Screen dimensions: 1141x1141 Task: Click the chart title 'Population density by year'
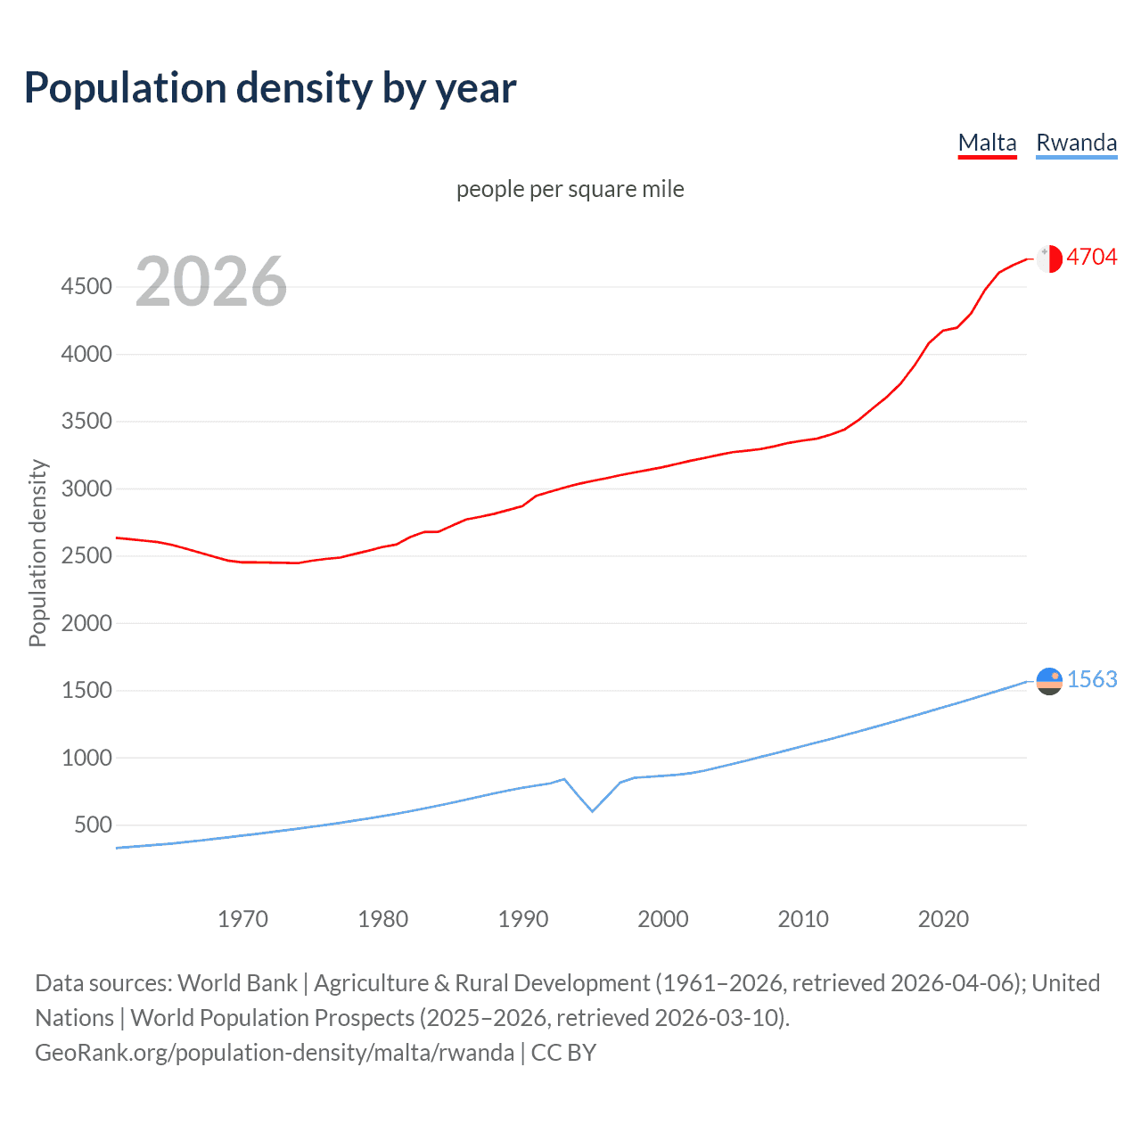click(x=270, y=88)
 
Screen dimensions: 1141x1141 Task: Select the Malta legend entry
click(x=987, y=143)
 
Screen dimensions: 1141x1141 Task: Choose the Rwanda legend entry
click(x=1076, y=143)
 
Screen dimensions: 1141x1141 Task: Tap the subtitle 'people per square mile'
click(x=570, y=189)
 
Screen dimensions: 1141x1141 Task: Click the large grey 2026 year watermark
click(x=211, y=282)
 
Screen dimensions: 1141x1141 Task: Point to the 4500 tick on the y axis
click(x=86, y=286)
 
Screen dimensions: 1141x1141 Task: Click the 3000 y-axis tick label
click(x=86, y=488)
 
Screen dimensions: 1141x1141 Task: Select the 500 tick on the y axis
click(x=93, y=825)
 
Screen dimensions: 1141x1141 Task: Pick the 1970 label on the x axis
click(x=242, y=919)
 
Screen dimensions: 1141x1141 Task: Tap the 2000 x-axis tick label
click(x=662, y=919)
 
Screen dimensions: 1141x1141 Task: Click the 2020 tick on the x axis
click(x=943, y=919)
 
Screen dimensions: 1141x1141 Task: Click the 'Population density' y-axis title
click(x=37, y=553)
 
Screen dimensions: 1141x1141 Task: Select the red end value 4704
click(x=1091, y=257)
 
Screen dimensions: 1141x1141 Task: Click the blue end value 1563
click(x=1091, y=679)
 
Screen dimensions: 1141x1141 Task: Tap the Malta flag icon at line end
click(x=1049, y=259)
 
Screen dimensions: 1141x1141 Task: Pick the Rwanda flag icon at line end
click(x=1049, y=681)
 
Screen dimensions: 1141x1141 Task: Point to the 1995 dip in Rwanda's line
click(x=592, y=810)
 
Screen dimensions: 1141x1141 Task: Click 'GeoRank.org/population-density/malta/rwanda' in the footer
click(x=275, y=1053)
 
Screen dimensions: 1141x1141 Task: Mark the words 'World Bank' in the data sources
click(x=237, y=983)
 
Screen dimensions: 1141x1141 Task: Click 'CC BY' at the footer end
click(x=563, y=1053)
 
